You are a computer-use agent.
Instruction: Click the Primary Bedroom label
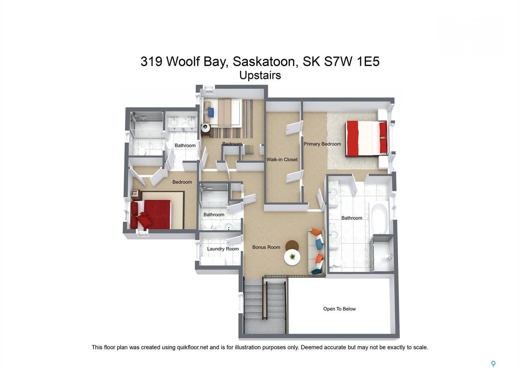(322, 144)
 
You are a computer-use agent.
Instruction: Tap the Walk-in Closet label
(282, 160)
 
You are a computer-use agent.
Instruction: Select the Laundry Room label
(223, 249)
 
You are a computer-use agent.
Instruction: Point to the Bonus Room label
(266, 247)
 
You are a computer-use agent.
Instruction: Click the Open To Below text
(339, 309)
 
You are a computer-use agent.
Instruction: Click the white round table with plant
(292, 257)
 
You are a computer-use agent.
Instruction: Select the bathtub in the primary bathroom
(379, 218)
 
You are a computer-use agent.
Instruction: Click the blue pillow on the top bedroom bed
(211, 112)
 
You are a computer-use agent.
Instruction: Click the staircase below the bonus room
(265, 306)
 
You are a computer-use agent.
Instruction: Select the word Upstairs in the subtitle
(260, 75)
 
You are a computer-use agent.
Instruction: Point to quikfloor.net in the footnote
(192, 347)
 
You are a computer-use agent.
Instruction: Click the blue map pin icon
(493, 364)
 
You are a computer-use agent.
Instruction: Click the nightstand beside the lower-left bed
(136, 194)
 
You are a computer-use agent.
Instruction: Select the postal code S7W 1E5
(352, 61)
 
